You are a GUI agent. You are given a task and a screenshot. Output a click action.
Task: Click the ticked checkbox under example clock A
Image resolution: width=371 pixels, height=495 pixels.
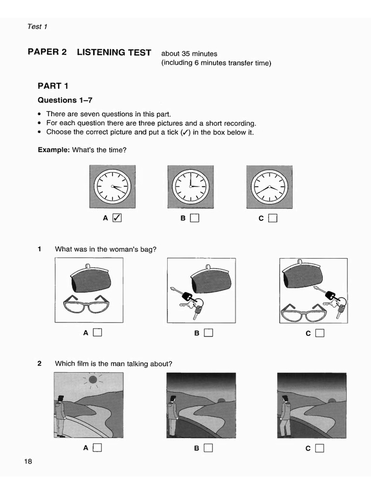[117, 218]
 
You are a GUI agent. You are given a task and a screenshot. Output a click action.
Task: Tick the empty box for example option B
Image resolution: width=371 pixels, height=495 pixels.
[195, 218]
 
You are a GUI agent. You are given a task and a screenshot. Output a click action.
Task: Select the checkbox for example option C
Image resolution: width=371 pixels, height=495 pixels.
[273, 218]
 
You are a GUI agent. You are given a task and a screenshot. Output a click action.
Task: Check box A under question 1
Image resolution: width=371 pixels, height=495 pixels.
[98, 332]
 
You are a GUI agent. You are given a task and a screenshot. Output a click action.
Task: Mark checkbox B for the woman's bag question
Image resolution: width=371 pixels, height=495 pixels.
[209, 332]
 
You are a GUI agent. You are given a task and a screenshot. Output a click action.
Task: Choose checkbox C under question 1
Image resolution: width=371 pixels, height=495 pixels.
[320, 332]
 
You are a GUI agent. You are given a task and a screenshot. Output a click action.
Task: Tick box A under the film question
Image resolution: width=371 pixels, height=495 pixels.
[98, 448]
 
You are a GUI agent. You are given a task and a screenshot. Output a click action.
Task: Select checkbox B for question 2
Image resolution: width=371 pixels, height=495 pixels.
[209, 448]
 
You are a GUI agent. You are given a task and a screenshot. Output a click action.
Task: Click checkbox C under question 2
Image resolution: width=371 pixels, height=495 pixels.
[320, 448]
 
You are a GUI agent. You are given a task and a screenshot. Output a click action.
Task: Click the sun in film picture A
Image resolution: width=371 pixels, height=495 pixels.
[93, 380]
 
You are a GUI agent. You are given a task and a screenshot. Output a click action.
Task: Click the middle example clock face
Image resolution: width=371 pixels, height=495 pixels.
[190, 186]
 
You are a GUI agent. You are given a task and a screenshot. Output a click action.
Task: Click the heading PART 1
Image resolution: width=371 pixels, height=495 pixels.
[53, 86]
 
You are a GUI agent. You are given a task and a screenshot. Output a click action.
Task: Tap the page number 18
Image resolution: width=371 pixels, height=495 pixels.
[28, 461]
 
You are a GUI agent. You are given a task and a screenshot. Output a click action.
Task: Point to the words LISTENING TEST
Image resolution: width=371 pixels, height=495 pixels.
[114, 52]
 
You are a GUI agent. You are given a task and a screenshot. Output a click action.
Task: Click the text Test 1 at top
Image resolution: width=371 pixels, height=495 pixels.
[37, 27]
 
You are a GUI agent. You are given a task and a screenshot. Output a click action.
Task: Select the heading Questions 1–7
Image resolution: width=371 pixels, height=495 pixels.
[65, 101]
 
